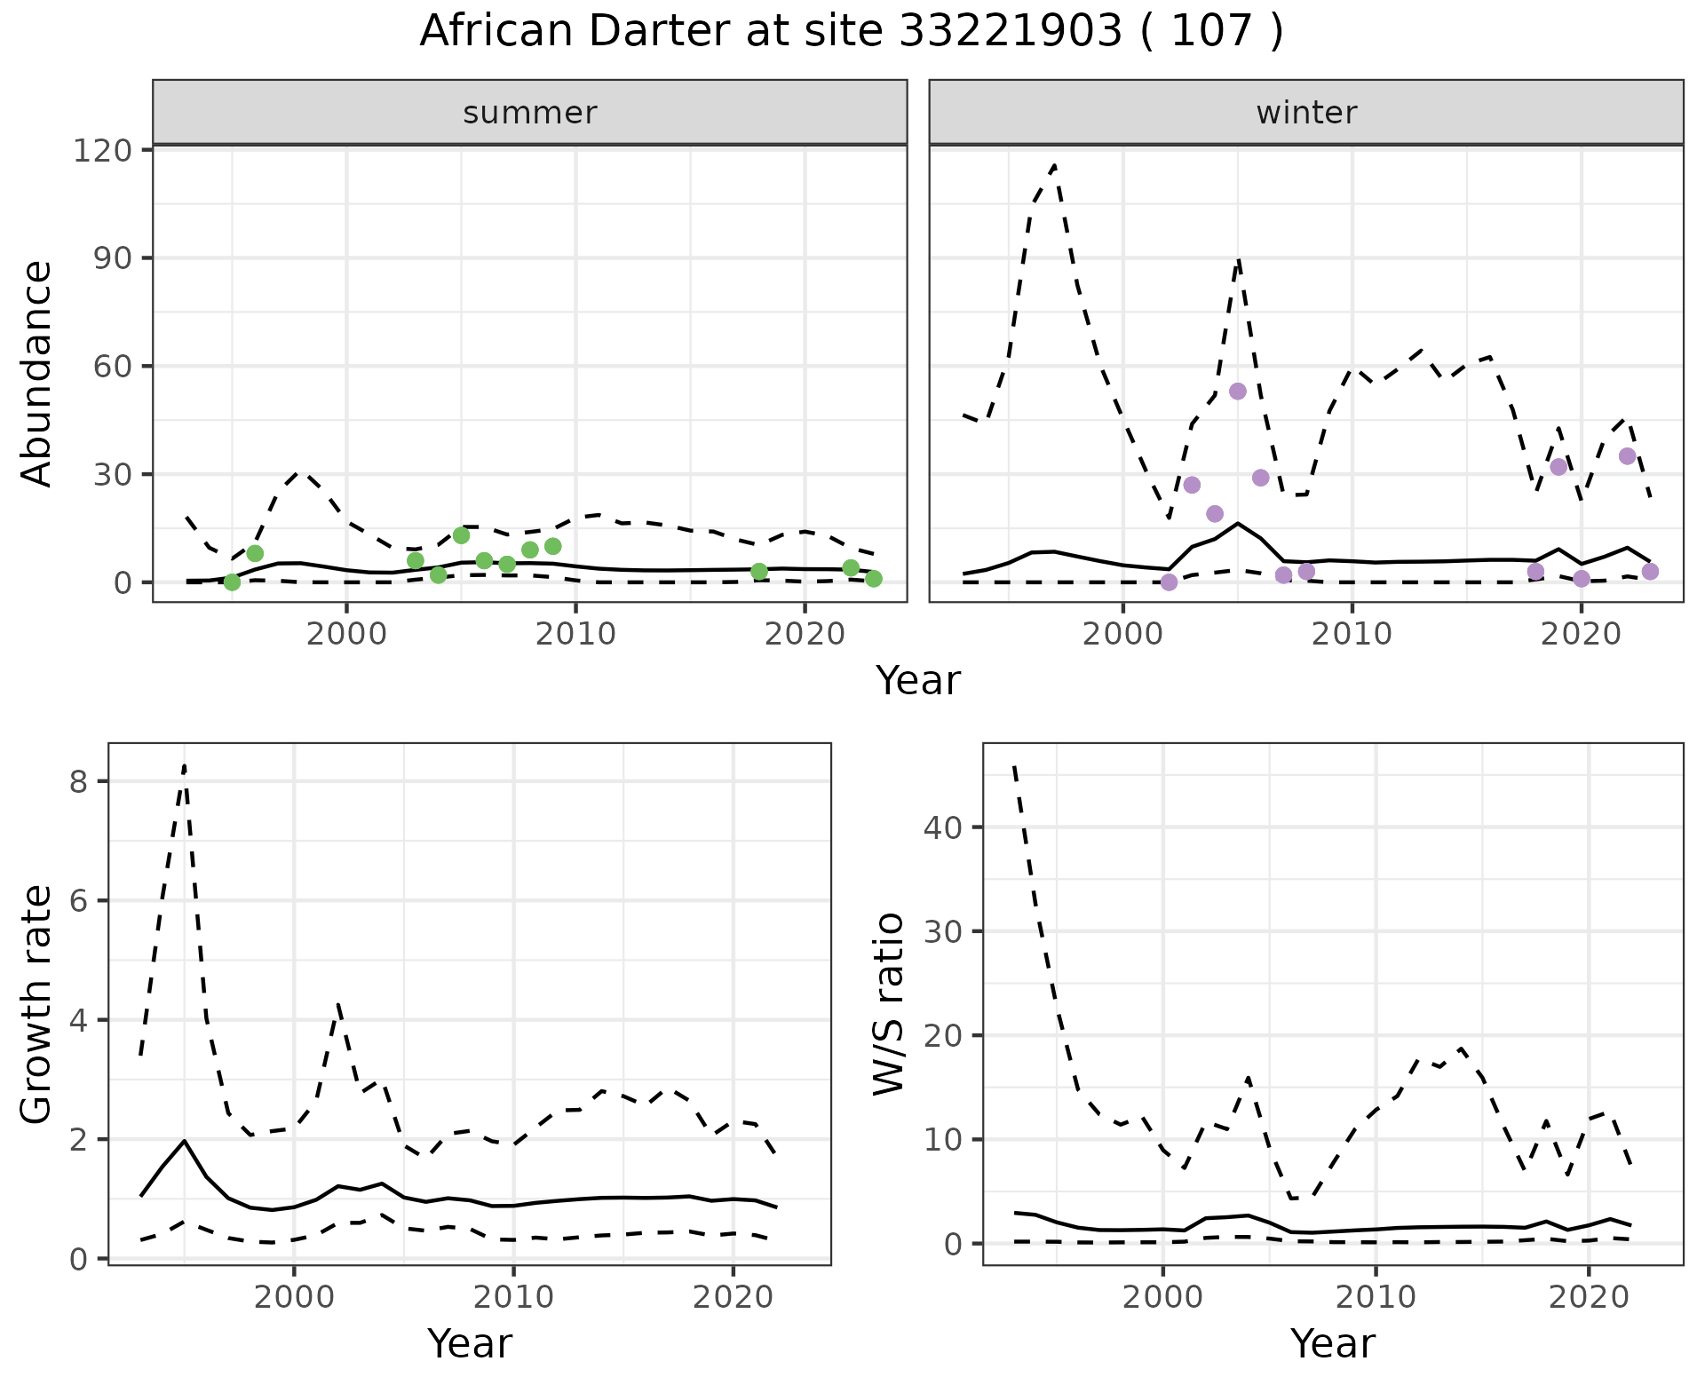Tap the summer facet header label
coord(530,113)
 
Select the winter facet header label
coord(1306,113)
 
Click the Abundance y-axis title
coord(36,374)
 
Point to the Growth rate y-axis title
coord(36,1004)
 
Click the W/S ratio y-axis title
coord(889,1004)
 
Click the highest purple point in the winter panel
coord(1238,392)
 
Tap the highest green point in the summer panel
coord(461,535)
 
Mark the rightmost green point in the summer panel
coord(874,579)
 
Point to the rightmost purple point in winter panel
coord(1650,572)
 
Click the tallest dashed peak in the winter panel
coord(1054,165)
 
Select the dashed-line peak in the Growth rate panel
coord(184,765)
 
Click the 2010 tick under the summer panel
coord(575,634)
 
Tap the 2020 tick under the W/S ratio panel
coord(1589,1297)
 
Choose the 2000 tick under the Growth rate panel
coord(294,1297)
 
